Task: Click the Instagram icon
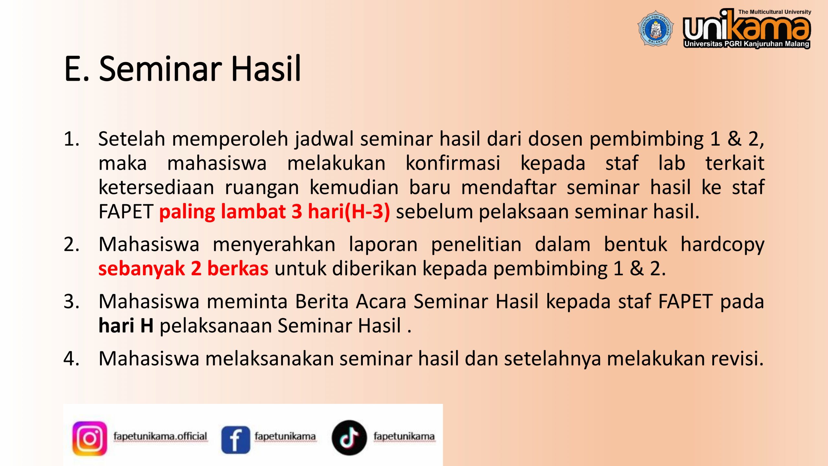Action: pos(90,438)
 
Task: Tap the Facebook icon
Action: pos(235,439)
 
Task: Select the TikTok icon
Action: pos(349,438)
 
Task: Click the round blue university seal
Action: pos(656,28)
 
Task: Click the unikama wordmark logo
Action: pos(747,28)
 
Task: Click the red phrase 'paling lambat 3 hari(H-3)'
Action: pos(275,212)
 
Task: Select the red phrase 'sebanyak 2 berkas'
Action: pos(183,269)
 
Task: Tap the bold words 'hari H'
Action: pos(126,325)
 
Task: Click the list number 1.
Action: pos(71,139)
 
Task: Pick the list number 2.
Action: pos(71,244)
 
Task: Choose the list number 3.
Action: pos(71,302)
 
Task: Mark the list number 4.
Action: pos(71,359)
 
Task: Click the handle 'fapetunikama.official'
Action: pos(160,437)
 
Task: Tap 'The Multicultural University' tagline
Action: pos(775,12)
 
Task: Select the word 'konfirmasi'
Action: pos(453,163)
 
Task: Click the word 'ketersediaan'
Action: pos(156,187)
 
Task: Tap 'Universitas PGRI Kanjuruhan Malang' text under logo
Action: pos(747,44)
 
